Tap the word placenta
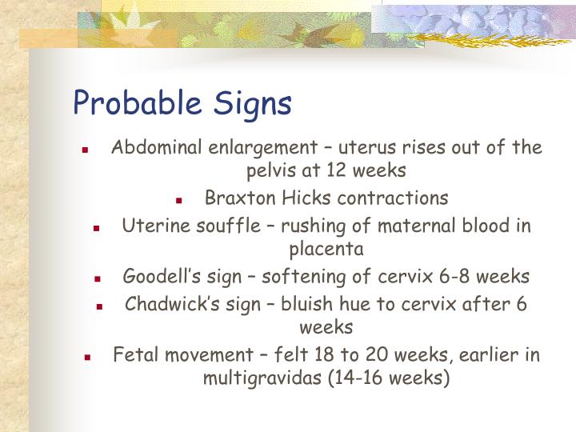pos(326,248)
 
